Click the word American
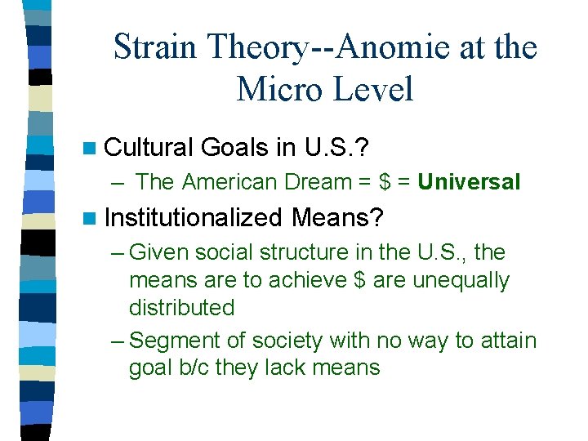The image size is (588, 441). point(232,182)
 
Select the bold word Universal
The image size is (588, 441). point(469,182)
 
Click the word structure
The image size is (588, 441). point(310,252)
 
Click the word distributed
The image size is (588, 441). point(181,308)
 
